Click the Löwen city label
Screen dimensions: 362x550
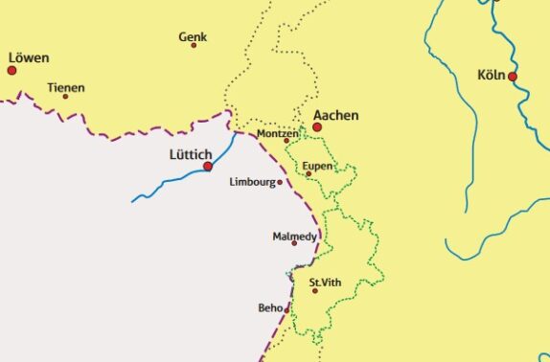(x=28, y=57)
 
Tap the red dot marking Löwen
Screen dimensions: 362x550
(x=12, y=70)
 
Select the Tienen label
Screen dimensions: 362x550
(x=66, y=87)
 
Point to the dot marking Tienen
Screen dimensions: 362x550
(x=66, y=96)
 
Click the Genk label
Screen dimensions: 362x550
(x=193, y=37)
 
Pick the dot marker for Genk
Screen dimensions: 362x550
(x=194, y=45)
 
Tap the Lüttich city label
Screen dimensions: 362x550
(x=191, y=153)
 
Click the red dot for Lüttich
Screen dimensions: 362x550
(x=208, y=167)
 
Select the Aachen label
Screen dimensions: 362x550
(x=336, y=116)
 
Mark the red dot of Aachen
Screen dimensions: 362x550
(x=317, y=126)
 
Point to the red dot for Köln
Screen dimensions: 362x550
(x=513, y=77)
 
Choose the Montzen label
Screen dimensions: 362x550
(x=278, y=134)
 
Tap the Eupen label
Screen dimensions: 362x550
(x=317, y=166)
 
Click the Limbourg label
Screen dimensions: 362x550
(x=253, y=181)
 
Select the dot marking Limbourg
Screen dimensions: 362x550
(x=280, y=182)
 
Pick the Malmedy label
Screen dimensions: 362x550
(x=295, y=235)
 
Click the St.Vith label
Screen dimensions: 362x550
(x=325, y=282)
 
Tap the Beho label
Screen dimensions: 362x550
(x=270, y=307)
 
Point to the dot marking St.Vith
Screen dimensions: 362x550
(x=314, y=290)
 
